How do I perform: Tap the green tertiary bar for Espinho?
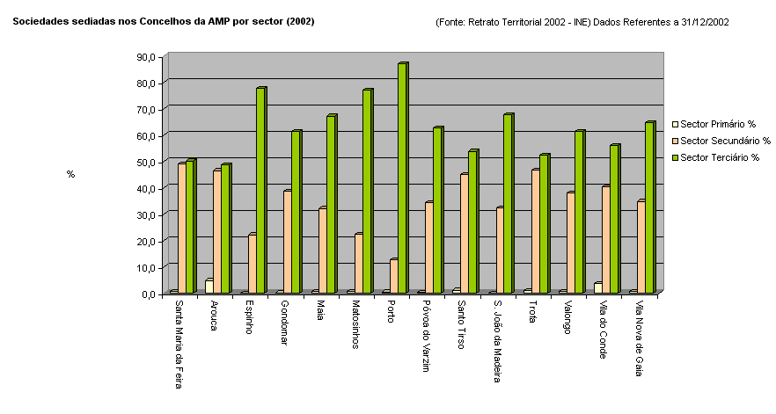[260, 191]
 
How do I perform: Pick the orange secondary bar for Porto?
[393, 276]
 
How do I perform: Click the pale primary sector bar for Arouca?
[209, 287]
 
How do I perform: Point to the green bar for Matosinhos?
[367, 192]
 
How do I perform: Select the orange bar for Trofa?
[535, 231]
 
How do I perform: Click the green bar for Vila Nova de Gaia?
[650, 208]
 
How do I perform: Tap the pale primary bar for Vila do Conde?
[597, 288]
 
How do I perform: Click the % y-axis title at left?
[70, 174]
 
